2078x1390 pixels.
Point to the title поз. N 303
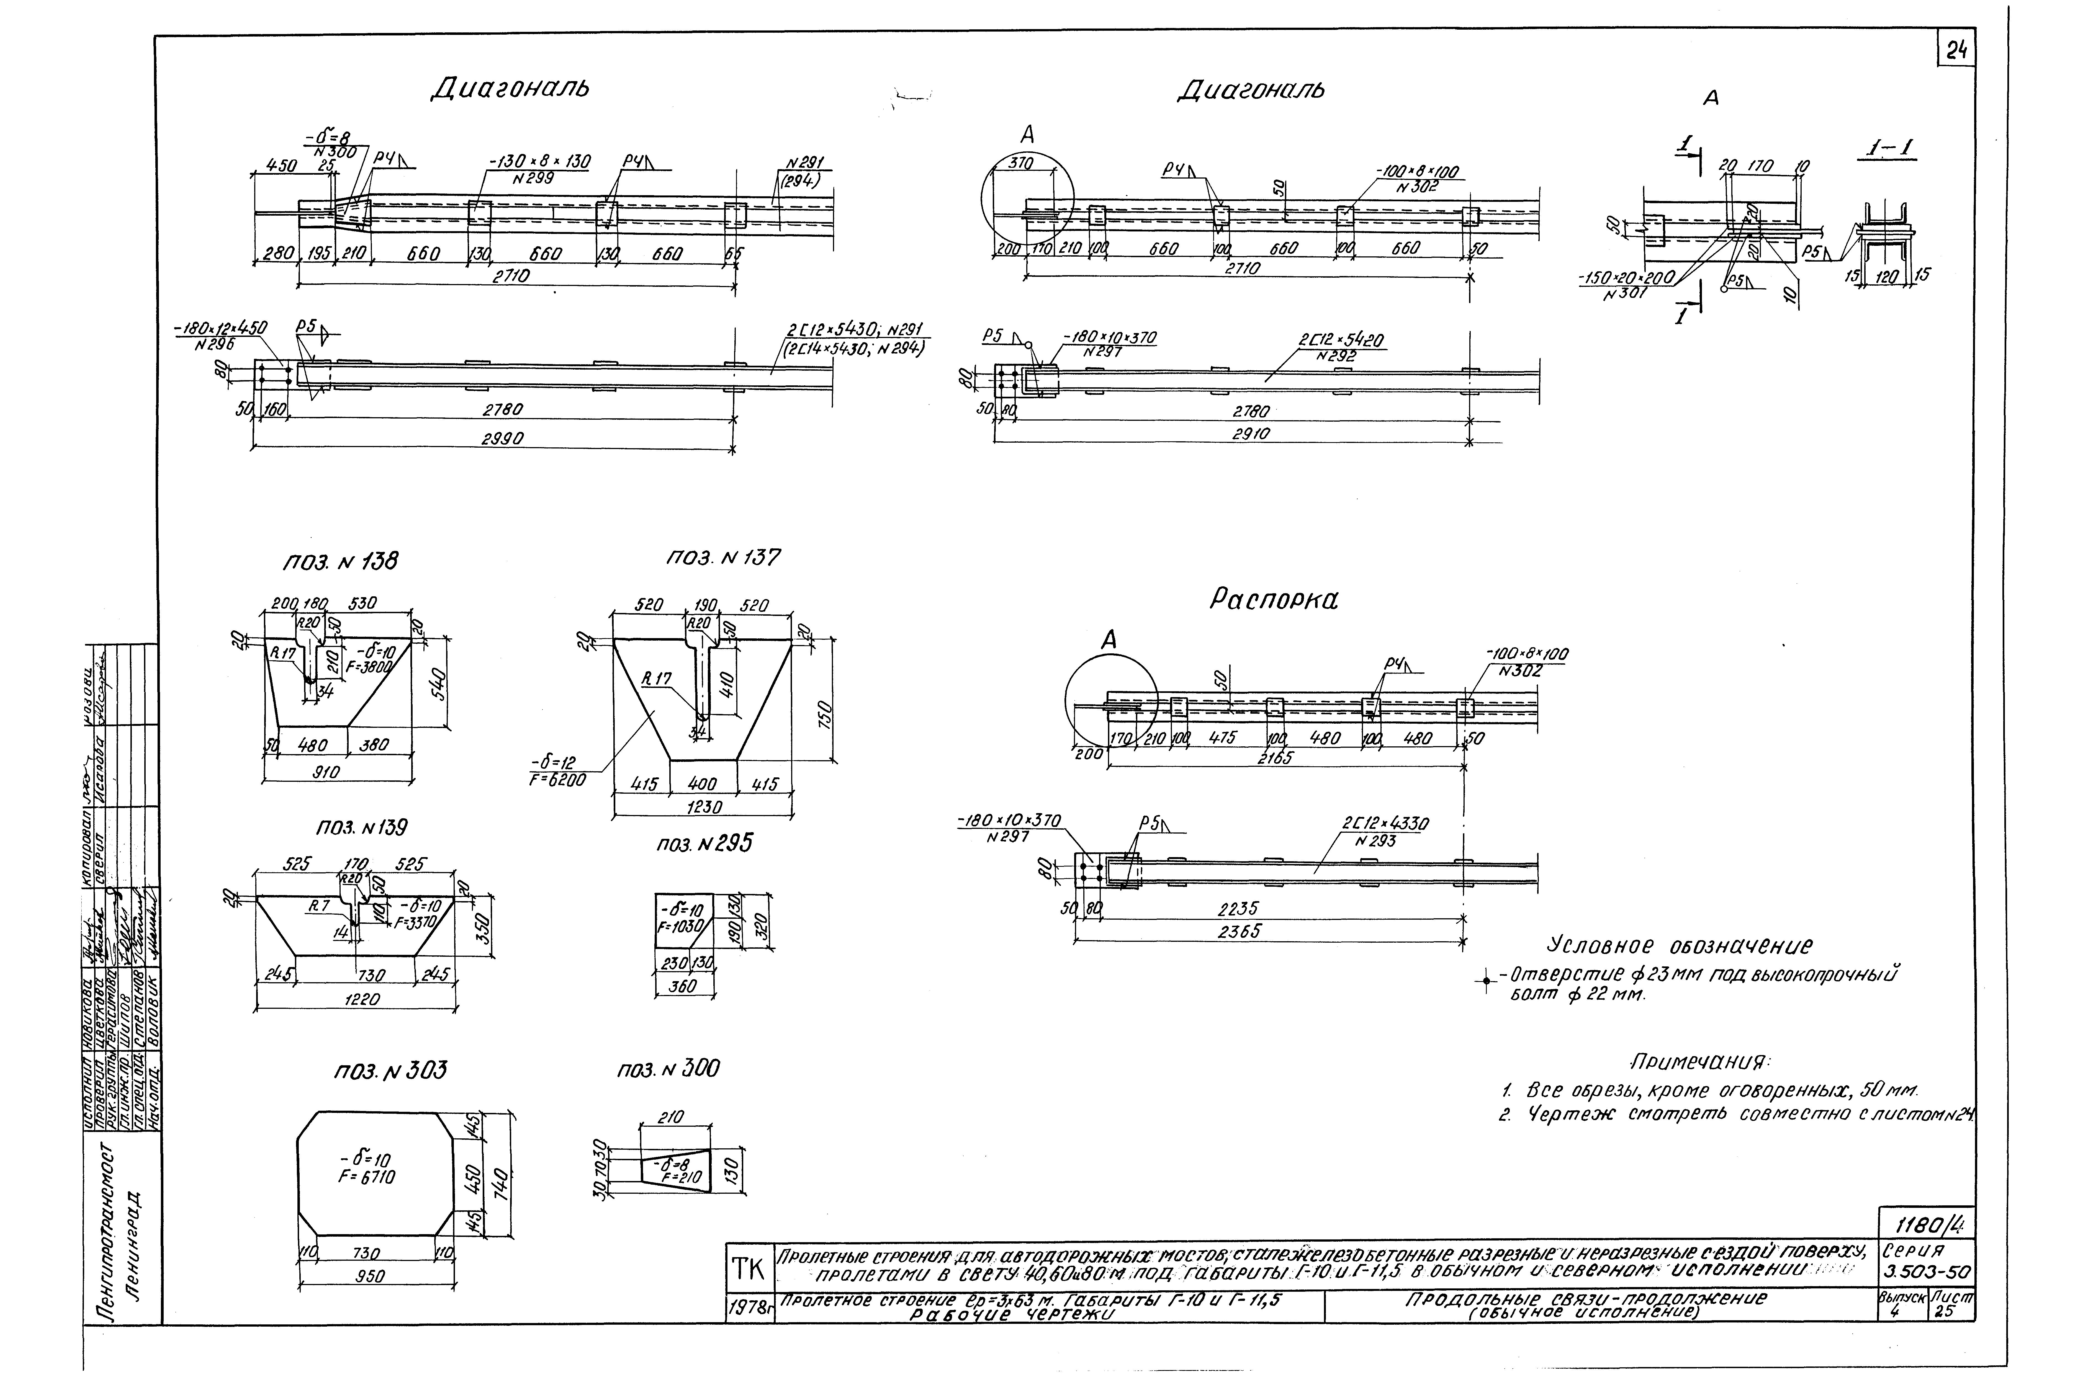click(x=390, y=1071)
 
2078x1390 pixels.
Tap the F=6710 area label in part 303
click(x=365, y=1177)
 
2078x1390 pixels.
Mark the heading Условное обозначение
click(x=1680, y=946)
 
